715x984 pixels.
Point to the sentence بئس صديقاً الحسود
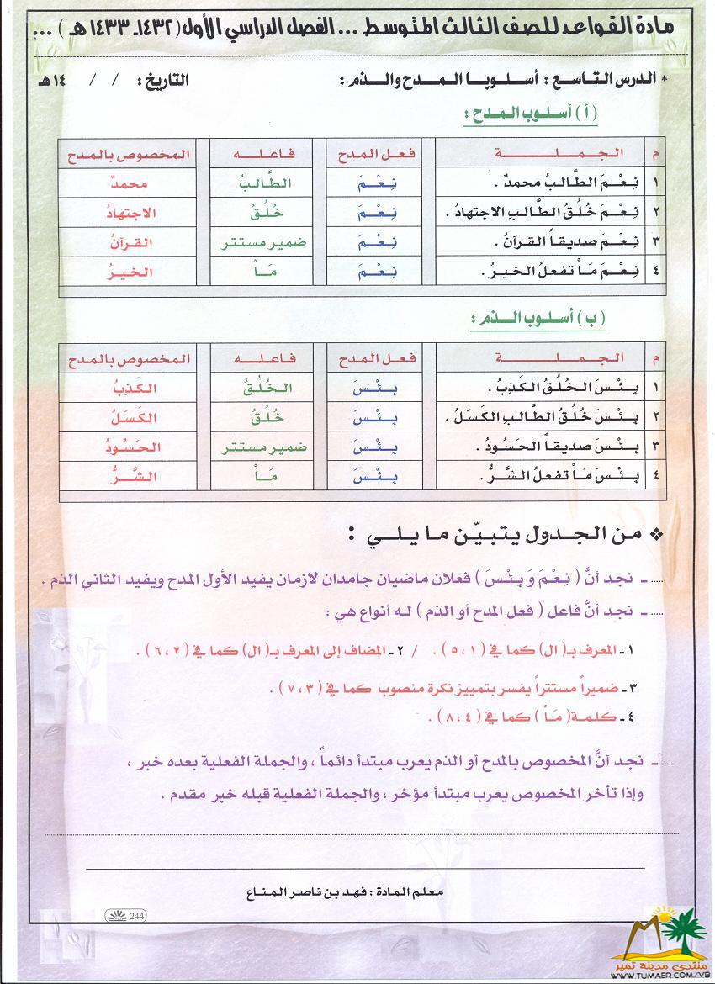555,447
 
